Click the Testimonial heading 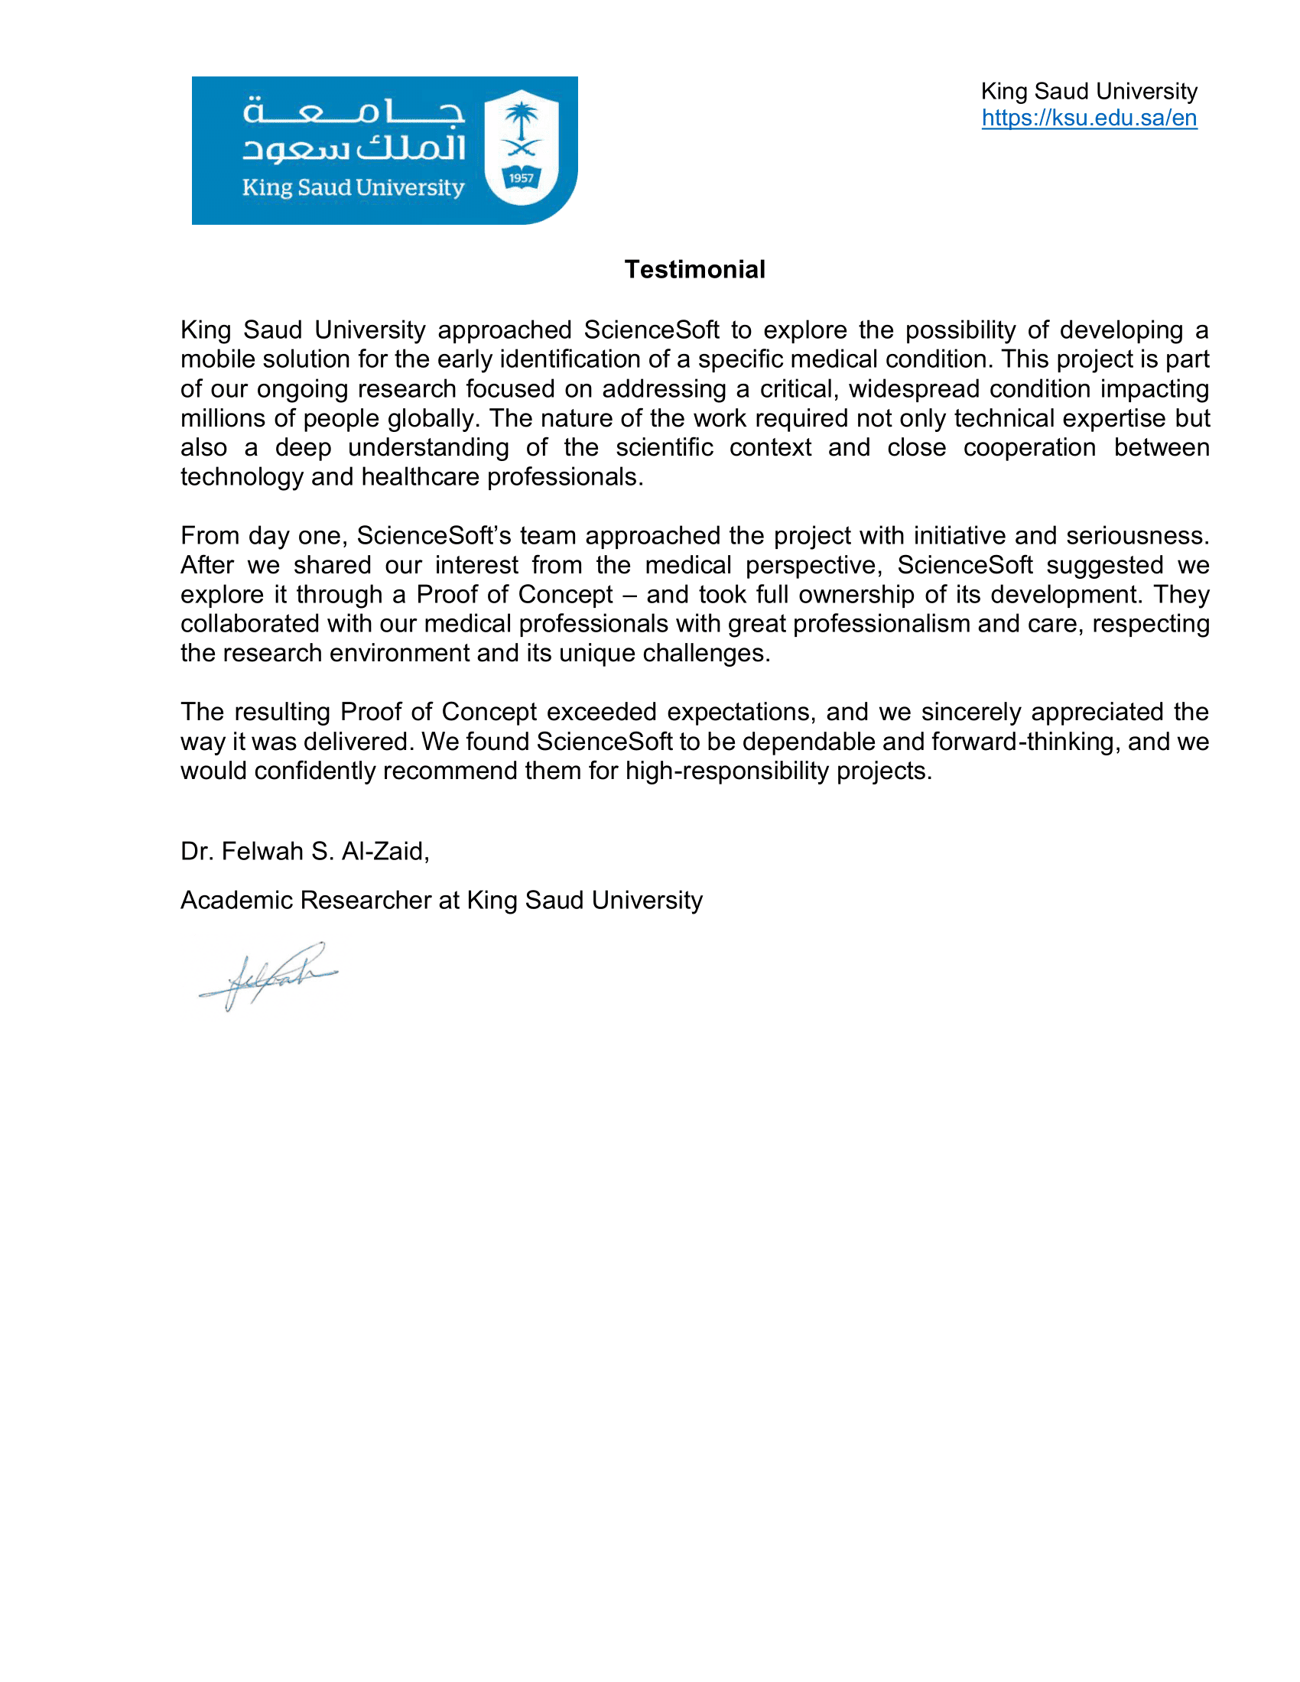pyautogui.click(x=694, y=270)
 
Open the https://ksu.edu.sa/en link pyautogui.click(x=1088, y=118)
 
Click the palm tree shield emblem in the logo pyautogui.click(x=522, y=146)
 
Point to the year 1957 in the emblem pyautogui.click(x=522, y=178)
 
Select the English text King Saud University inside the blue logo pyautogui.click(x=353, y=187)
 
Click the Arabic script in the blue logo pyautogui.click(x=354, y=129)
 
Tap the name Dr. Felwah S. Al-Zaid pyautogui.click(x=304, y=851)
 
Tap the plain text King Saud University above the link pyautogui.click(x=1088, y=92)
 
